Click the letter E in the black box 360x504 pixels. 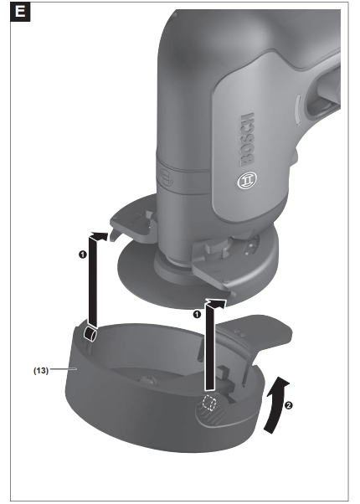[16, 15]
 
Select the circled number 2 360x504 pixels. [289, 407]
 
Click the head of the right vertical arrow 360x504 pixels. [216, 298]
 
